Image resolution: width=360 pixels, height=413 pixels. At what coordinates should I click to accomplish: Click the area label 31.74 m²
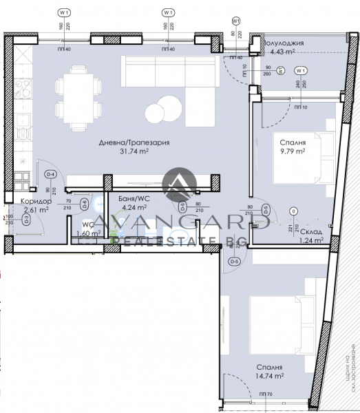(x=134, y=152)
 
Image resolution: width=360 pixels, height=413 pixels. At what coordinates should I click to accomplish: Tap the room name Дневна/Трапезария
(x=134, y=143)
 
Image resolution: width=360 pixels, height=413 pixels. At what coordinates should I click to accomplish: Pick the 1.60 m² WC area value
(x=89, y=233)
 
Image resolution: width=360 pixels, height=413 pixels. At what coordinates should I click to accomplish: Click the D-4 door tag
(x=50, y=176)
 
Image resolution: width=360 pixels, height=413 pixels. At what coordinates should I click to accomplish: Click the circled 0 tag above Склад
(x=294, y=211)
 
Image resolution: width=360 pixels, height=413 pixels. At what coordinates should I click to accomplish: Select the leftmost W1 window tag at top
(x=65, y=12)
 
